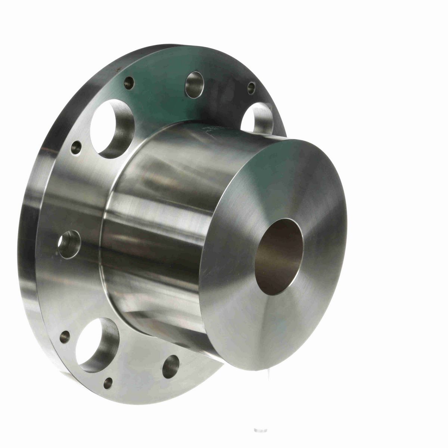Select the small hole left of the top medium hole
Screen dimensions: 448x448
coord(129,83)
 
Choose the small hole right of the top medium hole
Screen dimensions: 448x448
coord(251,88)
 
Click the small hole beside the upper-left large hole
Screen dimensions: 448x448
coord(76,147)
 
